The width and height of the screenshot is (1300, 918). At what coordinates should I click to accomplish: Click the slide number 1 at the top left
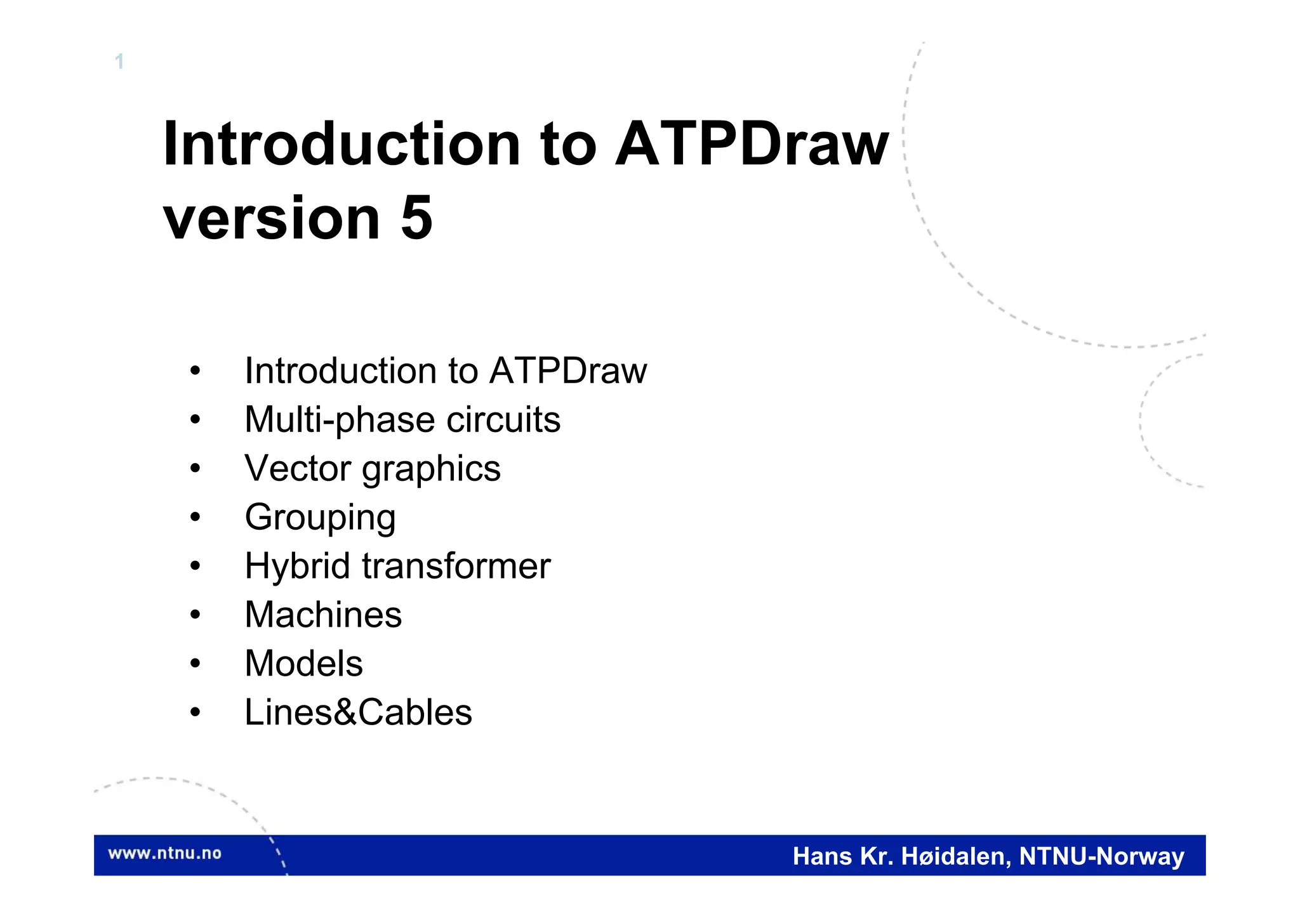pyautogui.click(x=119, y=62)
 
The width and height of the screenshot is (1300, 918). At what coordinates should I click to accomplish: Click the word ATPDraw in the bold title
pyautogui.click(x=752, y=145)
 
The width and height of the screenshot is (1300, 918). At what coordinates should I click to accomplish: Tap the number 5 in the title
pyautogui.click(x=416, y=218)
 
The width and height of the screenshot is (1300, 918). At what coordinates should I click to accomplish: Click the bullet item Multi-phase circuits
pyautogui.click(x=402, y=420)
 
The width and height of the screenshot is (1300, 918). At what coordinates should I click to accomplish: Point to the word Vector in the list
pyautogui.click(x=297, y=469)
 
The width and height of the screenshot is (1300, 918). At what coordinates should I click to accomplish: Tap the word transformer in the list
pyautogui.click(x=456, y=566)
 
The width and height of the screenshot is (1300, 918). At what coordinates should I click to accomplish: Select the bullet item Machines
pyautogui.click(x=322, y=615)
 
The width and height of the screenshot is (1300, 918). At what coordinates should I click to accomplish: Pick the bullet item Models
pyautogui.click(x=303, y=664)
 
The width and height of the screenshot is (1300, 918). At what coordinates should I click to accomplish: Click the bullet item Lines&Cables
pyautogui.click(x=358, y=712)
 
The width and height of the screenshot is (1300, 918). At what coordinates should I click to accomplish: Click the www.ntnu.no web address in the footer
pyautogui.click(x=164, y=853)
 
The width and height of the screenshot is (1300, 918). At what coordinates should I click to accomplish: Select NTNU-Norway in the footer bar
pyautogui.click(x=1101, y=856)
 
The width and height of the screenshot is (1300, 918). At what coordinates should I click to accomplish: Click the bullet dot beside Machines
pyautogui.click(x=195, y=615)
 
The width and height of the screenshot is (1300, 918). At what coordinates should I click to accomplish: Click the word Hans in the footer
pyautogui.click(x=822, y=856)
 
